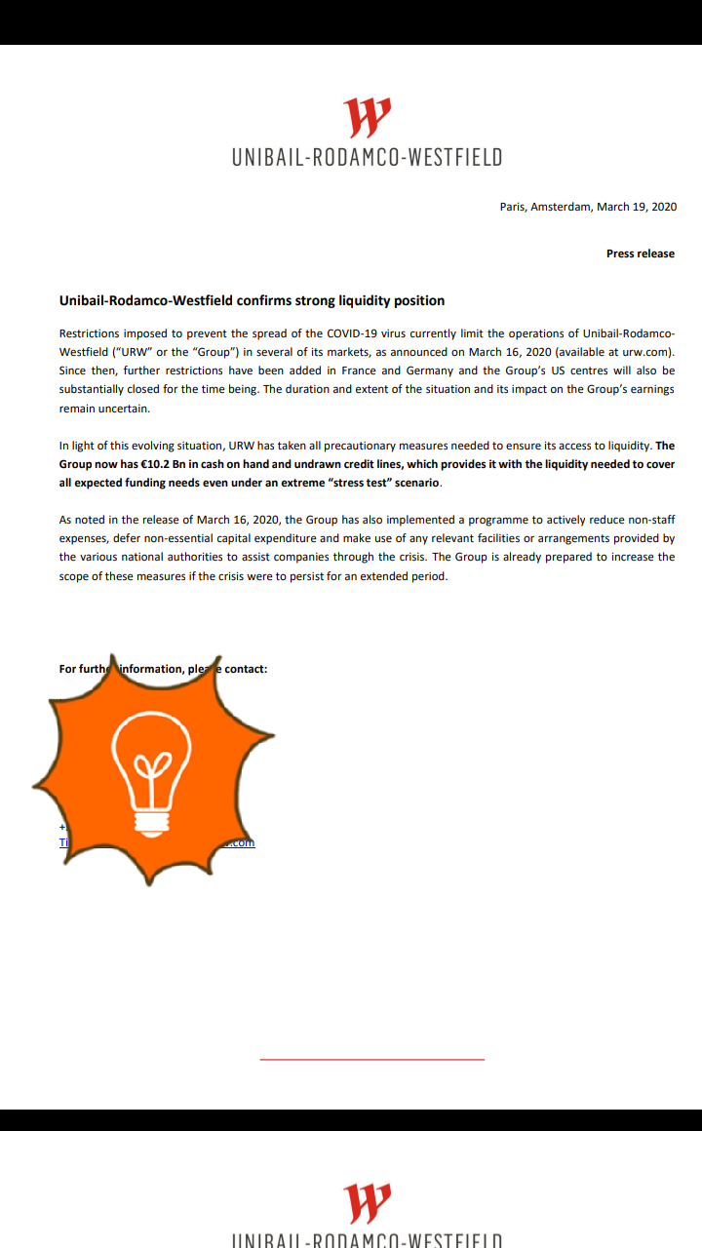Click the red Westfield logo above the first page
pos(368,117)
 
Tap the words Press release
pos(640,253)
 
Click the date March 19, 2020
pos(637,207)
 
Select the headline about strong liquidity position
pos(252,300)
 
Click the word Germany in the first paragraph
pos(430,370)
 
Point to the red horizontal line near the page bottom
pos(371,1059)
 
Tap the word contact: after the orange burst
pos(246,669)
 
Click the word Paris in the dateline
pos(512,207)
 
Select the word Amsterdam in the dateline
pos(561,207)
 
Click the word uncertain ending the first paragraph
pos(124,409)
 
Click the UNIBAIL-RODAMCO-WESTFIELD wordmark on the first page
pos(368,157)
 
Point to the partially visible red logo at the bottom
pos(368,1203)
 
